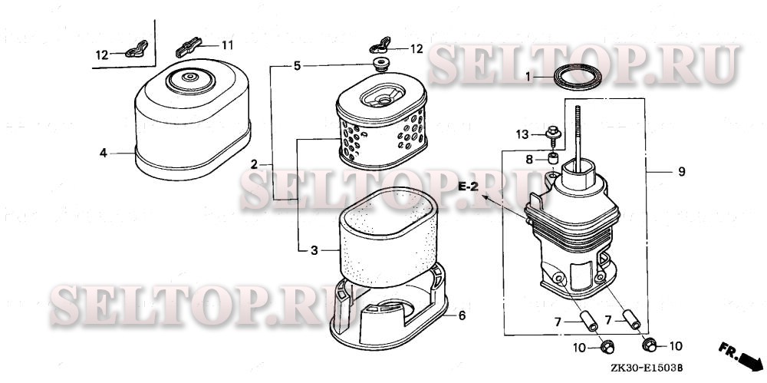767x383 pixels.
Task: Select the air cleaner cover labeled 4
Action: [193, 123]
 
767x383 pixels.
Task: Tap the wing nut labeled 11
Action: [189, 47]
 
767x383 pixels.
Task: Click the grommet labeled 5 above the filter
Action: [380, 64]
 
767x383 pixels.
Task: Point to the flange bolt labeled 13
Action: [553, 136]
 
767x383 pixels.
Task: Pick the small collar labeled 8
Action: [553, 158]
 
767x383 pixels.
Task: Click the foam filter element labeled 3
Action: [387, 237]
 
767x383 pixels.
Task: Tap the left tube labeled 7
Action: [588, 321]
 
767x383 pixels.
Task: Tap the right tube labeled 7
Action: [631, 319]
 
